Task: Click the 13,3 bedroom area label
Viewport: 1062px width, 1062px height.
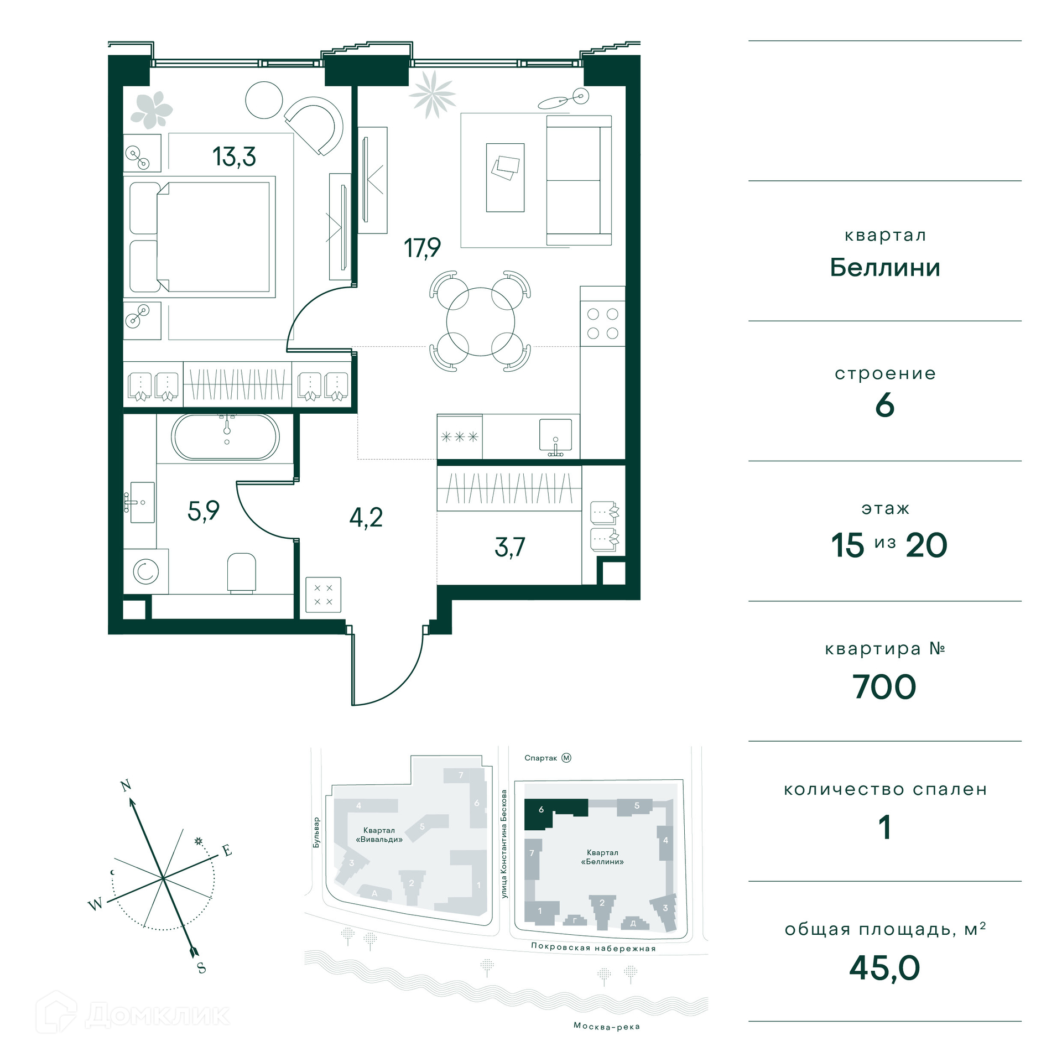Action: click(234, 157)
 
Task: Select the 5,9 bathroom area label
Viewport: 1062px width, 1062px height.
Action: click(204, 511)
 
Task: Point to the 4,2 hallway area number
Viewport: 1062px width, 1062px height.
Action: click(366, 518)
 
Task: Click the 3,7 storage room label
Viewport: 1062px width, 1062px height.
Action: click(509, 547)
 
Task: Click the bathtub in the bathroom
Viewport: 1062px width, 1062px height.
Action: click(226, 436)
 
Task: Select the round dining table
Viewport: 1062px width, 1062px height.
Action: click(480, 321)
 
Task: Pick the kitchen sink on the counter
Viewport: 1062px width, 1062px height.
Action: click(555, 436)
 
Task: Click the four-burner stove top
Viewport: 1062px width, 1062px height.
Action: click(602, 323)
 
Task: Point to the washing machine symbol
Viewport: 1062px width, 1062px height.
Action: click(146, 571)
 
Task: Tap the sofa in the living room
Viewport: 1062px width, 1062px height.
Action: click(579, 180)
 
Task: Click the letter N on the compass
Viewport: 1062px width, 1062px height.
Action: click(126, 785)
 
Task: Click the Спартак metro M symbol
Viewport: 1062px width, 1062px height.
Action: click(566, 758)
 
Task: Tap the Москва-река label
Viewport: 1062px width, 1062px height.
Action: click(606, 1026)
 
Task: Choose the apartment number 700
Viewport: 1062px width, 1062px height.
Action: click(884, 686)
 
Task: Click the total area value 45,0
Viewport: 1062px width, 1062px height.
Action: click(884, 967)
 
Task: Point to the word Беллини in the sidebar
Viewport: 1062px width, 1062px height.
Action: click(885, 268)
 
